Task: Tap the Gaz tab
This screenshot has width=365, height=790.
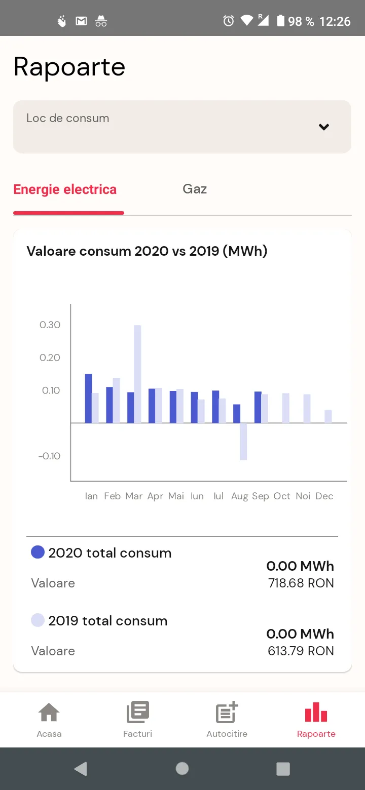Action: tap(195, 189)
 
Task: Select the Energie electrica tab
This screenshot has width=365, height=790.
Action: tap(65, 189)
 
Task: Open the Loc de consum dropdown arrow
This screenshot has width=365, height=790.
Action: tap(324, 127)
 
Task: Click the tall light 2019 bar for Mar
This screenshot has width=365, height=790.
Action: tap(137, 374)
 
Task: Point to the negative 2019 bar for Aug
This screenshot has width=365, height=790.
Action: tap(243, 441)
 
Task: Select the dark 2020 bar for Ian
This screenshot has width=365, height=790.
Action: tap(88, 398)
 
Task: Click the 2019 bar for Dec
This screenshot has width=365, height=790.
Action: tap(328, 416)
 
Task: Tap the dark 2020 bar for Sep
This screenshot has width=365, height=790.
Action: tap(258, 407)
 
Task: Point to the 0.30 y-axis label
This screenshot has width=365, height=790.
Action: tap(50, 325)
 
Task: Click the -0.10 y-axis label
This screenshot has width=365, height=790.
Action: tap(49, 456)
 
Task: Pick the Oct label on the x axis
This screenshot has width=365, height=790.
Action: tap(282, 496)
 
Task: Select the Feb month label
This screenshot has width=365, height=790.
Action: tap(112, 496)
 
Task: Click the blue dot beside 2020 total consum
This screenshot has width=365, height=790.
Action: tap(38, 552)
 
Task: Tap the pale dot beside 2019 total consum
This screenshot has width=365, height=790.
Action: tap(38, 620)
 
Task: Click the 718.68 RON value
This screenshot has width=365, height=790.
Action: tap(301, 583)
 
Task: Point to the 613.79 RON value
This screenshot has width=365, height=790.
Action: tap(301, 651)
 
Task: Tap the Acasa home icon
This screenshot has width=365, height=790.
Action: tap(49, 712)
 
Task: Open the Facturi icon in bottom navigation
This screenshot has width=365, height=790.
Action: tap(138, 712)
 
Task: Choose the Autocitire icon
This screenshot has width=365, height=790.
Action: tap(227, 712)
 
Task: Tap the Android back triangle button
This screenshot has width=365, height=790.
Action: tap(81, 769)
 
